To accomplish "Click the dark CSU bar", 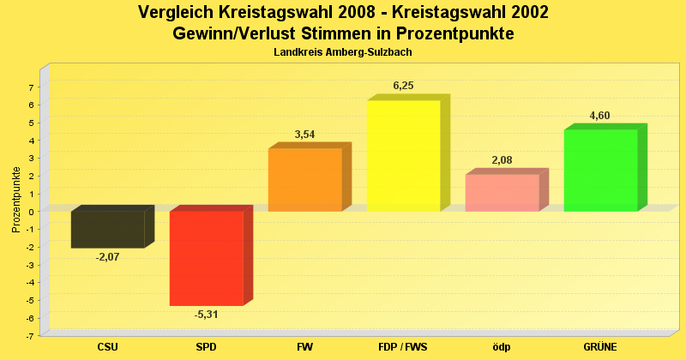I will tap(107, 230).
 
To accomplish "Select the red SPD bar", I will tap(207, 258).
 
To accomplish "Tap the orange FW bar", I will tap(304, 180).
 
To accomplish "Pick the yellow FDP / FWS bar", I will tap(403, 156).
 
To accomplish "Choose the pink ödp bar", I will tap(502, 193).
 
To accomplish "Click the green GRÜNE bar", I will tap(600, 171).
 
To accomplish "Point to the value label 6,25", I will tap(403, 86).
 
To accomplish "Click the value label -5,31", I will tap(206, 315).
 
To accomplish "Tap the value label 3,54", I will tap(304, 135).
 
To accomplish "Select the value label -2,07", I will tap(107, 257).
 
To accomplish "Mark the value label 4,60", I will tap(599, 116).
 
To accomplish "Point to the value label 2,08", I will tap(502, 160).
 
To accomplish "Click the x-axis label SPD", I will tap(206, 346).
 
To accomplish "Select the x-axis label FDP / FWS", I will tap(403, 346).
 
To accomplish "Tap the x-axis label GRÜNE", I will tap(600, 346).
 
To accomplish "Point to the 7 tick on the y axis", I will tap(31, 87).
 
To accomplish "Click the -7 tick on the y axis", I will tap(29, 336).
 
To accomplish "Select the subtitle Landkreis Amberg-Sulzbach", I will tap(343, 52).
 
